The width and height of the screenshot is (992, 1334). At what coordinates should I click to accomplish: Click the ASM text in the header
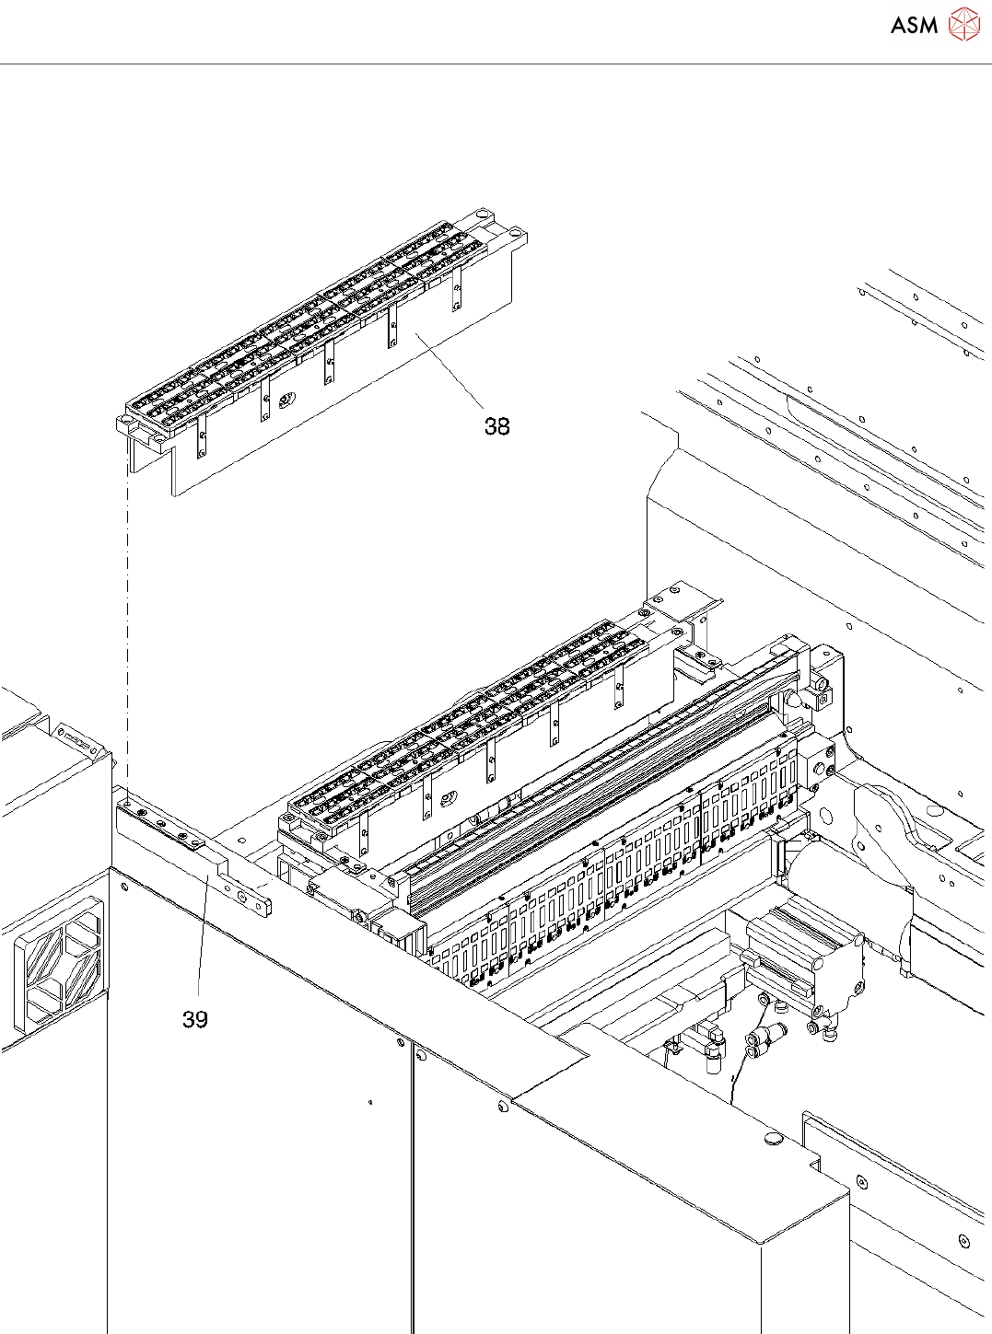pyautogui.click(x=914, y=25)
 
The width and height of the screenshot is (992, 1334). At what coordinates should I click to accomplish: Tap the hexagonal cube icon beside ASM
pyautogui.click(x=963, y=24)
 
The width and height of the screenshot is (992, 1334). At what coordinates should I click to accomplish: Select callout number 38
pyautogui.click(x=497, y=426)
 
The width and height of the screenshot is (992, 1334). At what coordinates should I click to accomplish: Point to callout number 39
pyautogui.click(x=195, y=1019)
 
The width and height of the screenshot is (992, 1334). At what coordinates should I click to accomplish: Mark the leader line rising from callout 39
pyautogui.click(x=201, y=939)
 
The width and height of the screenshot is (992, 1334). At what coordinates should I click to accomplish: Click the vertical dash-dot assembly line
pyautogui.click(x=127, y=626)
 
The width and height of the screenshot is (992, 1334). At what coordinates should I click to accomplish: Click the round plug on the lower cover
pyautogui.click(x=773, y=1139)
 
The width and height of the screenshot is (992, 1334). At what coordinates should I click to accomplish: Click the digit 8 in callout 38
pyautogui.click(x=504, y=426)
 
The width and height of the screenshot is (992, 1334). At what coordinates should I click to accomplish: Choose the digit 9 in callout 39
pyautogui.click(x=202, y=1019)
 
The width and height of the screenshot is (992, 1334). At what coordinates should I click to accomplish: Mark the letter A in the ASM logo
pyautogui.click(x=899, y=25)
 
